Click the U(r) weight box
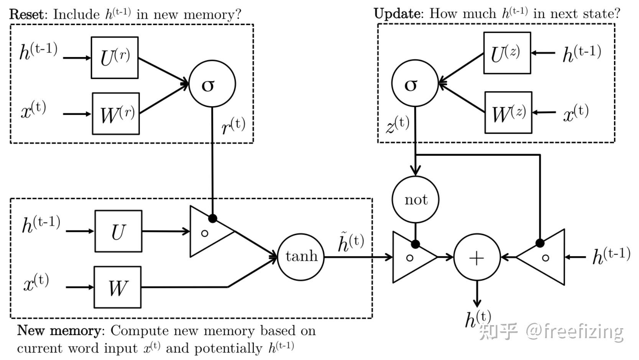[115, 58]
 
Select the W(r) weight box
[116, 113]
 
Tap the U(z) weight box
[507, 53]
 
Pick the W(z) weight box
[508, 113]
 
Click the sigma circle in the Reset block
[212, 84]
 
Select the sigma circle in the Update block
[414, 84]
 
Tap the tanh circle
[301, 256]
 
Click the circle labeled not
[415, 199]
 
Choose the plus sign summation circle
[477, 258]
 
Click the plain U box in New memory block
[118, 231]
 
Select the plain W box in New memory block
[117, 287]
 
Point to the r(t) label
[233, 126]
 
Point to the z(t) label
[397, 125]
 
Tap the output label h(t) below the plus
[477, 319]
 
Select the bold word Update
[397, 14]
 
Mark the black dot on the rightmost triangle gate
[540, 243]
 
